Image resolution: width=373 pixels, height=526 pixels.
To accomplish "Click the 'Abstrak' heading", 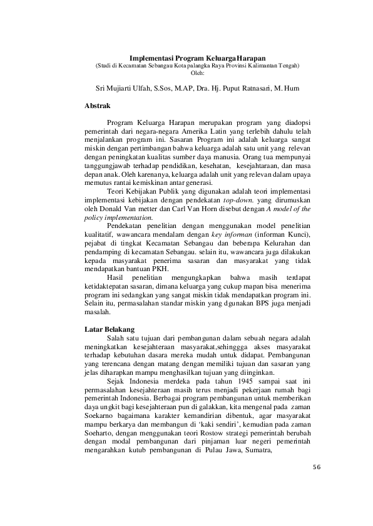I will click(x=97, y=107).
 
